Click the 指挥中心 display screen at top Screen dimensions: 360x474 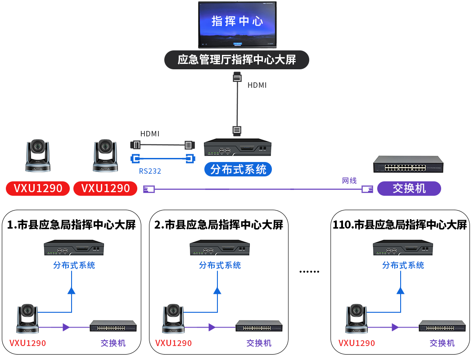click(237, 25)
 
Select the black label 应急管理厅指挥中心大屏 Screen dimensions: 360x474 click(237, 60)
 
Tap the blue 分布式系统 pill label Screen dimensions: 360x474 click(238, 169)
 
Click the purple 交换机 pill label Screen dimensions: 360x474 click(409, 188)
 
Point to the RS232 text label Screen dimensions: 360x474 click(150, 171)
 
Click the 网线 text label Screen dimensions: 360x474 click(349, 180)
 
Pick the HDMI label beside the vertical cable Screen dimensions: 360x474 click(257, 85)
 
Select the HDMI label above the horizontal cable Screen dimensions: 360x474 click(150, 134)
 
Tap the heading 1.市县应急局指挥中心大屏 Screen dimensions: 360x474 click(72, 225)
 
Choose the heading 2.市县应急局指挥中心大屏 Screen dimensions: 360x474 click(219, 225)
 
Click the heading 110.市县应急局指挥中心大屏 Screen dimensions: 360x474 click(400, 225)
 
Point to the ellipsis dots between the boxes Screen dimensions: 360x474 click(309, 272)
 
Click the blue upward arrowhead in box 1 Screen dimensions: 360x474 click(71, 290)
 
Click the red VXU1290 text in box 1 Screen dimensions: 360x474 click(28, 343)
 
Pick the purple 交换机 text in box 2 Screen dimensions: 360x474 click(259, 343)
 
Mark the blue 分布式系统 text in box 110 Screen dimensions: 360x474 click(403, 265)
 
